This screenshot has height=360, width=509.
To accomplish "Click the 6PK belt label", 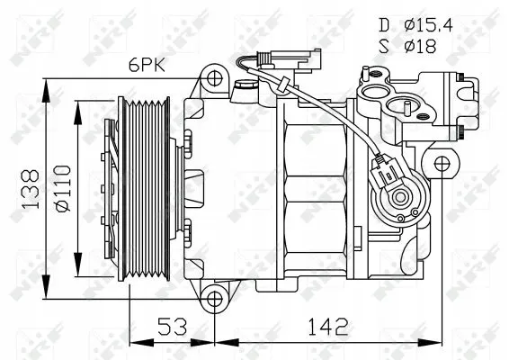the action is [x=147, y=66].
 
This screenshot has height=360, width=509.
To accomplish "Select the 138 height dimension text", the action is [x=30, y=189].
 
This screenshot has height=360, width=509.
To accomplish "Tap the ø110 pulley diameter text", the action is [x=63, y=189].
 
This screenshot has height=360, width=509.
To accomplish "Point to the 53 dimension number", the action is [x=173, y=326].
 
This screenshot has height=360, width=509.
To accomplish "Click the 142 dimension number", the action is [x=328, y=326].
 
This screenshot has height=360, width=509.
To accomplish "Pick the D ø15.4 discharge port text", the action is [x=415, y=25].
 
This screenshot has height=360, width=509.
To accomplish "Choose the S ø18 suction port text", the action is [x=407, y=46].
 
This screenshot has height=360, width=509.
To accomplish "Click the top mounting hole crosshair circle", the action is [x=214, y=78].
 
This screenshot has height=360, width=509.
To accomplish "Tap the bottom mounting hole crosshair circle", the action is [x=214, y=299].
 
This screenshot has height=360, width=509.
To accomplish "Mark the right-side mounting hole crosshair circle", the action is [x=442, y=164].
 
